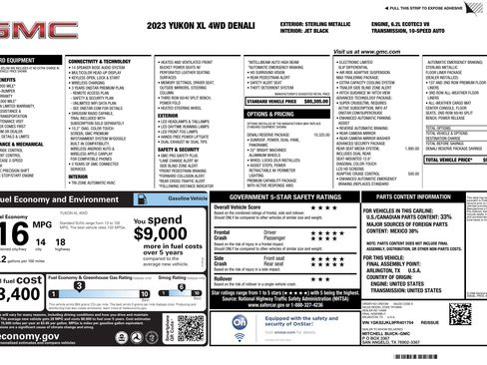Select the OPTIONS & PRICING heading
pos(268,114)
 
